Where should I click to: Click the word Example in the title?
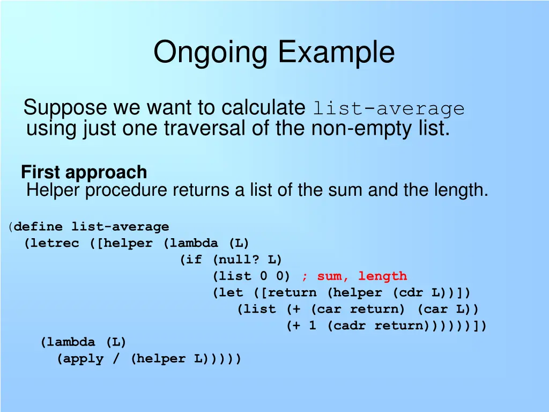pyautogui.click(x=336, y=53)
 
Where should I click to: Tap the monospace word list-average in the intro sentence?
pyautogui.click(x=389, y=109)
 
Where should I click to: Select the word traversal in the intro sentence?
pyautogui.click(x=216, y=129)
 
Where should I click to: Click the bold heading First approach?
pyautogui.click(x=84, y=172)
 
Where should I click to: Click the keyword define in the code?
pyautogui.click(x=39, y=227)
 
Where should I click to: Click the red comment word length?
pyautogui.click(x=382, y=277)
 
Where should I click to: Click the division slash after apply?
pyautogui.click(x=116, y=359)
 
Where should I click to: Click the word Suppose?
pyautogui.click(x=65, y=108)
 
